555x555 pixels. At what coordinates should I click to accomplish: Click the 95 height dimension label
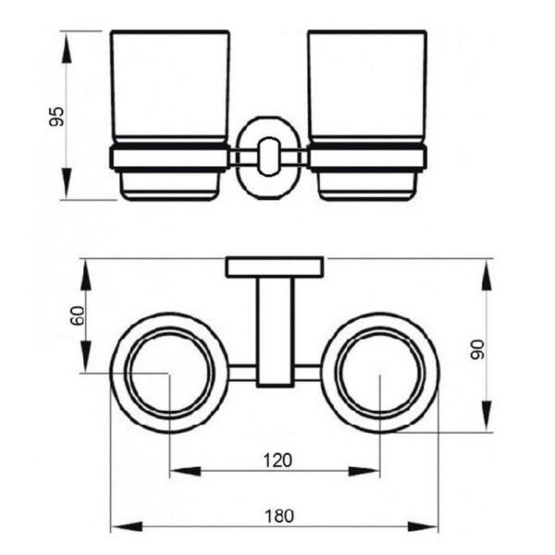click(56, 117)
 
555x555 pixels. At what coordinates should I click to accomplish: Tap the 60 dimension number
click(78, 315)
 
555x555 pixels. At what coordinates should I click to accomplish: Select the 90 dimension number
click(477, 350)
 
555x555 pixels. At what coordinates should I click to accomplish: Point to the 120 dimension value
click(277, 461)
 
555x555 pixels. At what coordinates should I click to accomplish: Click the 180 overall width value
click(279, 516)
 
